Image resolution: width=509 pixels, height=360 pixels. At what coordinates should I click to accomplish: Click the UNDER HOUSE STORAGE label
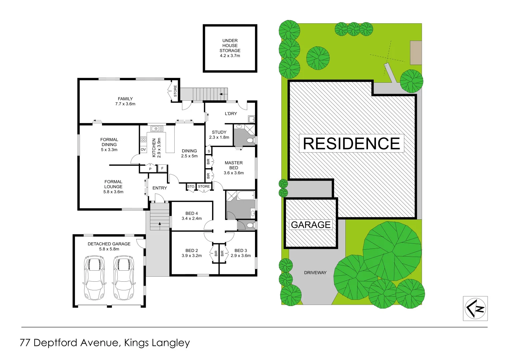point(230,48)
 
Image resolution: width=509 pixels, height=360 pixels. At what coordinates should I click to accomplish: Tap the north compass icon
point(475,308)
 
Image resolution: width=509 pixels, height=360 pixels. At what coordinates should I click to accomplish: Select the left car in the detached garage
point(94,278)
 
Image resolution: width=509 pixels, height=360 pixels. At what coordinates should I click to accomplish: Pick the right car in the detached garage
point(123,278)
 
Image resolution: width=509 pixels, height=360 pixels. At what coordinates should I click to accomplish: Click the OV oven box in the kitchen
point(143,149)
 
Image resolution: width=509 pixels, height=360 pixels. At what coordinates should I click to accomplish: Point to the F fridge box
point(162,168)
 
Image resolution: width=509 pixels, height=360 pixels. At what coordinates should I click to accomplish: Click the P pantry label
point(150,169)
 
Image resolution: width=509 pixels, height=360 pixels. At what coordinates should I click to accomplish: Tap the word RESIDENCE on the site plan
point(351,143)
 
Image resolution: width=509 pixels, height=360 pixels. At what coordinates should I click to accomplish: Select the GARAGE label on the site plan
point(311,225)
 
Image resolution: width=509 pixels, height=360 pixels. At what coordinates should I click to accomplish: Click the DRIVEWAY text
point(315,273)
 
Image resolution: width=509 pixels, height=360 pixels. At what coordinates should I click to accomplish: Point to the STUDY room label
point(219,132)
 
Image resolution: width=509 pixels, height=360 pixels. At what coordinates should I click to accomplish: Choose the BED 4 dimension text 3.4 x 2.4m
point(192,219)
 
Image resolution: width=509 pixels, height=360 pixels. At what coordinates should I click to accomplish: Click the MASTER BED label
point(234,165)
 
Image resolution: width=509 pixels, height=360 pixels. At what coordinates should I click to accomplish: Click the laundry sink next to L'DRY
point(251,119)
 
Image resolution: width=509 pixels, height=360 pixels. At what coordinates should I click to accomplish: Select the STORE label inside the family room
point(175,91)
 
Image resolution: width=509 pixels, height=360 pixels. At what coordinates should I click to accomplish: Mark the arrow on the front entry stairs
point(160,224)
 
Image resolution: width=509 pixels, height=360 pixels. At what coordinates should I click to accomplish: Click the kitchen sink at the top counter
point(157,129)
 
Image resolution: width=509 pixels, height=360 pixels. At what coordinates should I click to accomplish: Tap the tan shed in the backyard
point(416,53)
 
